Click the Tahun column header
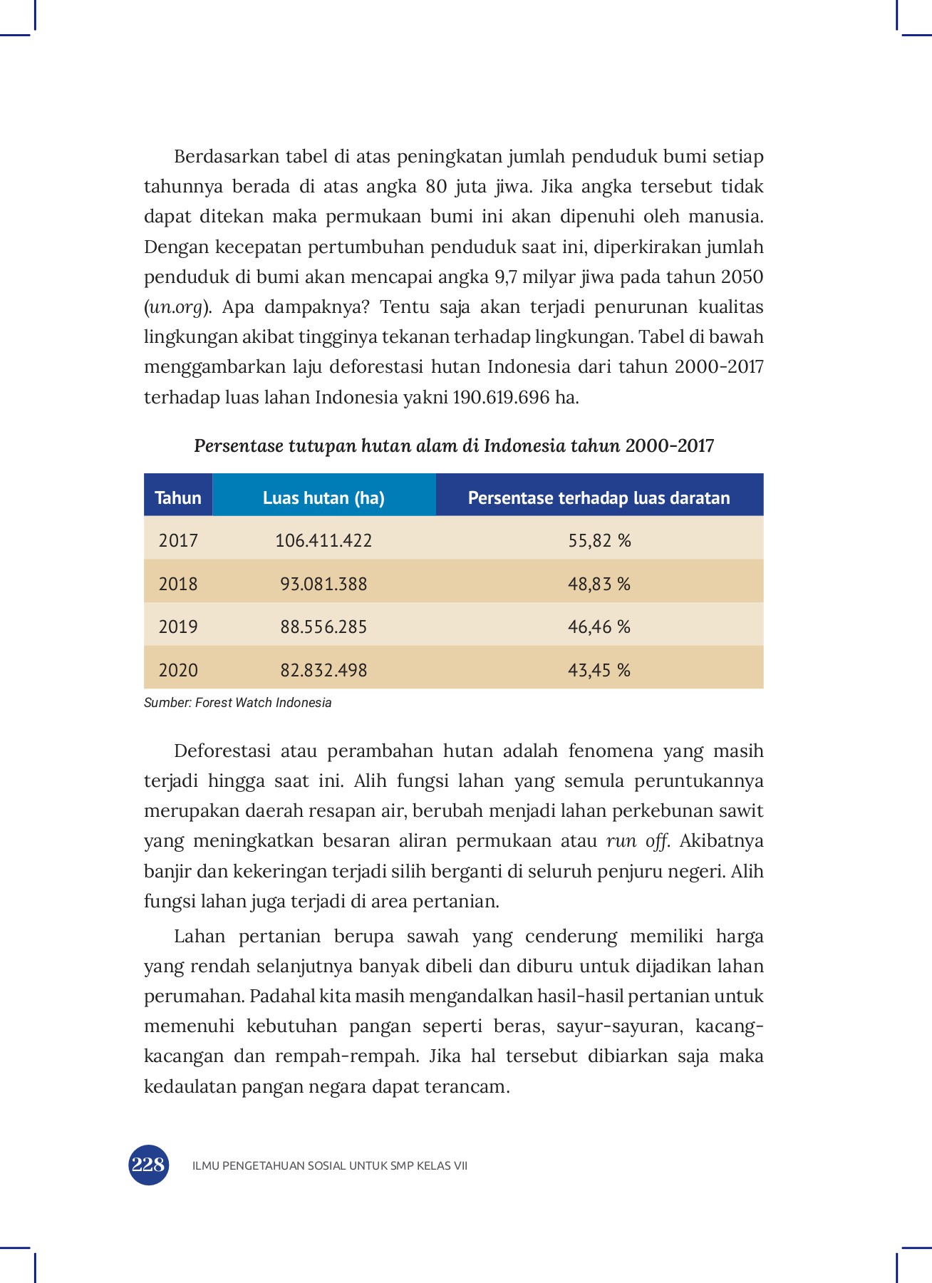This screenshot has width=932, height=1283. [178, 498]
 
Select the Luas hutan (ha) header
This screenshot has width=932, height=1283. [323, 498]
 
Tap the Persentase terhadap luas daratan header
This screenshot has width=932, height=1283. [599, 498]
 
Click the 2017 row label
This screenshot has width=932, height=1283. [178, 540]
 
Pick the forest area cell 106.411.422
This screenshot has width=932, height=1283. [323, 540]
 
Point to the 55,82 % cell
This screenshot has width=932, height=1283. [599, 540]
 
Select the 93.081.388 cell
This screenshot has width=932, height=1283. [323, 584]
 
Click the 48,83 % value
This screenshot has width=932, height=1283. [599, 584]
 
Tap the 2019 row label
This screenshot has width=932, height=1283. [178, 627]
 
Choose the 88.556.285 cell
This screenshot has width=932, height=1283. [323, 627]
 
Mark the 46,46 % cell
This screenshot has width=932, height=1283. [599, 627]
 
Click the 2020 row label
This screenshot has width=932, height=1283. [178, 670]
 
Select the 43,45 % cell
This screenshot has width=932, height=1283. [599, 670]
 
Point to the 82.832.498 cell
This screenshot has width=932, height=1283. [323, 670]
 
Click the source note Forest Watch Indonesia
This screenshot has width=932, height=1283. [238, 703]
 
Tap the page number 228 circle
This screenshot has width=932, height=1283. [148, 1165]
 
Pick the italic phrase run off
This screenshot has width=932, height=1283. [636, 841]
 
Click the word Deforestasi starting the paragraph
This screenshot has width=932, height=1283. [222, 751]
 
